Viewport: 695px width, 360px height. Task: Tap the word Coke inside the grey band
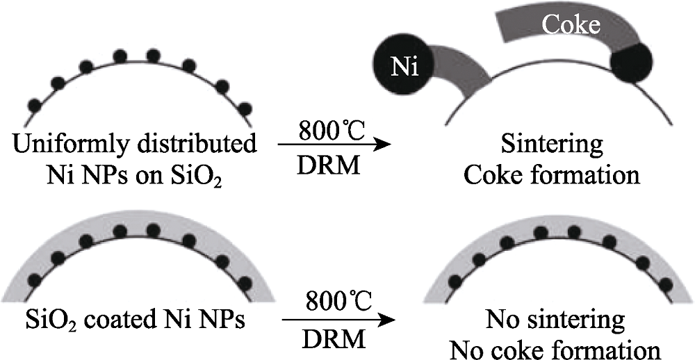pyautogui.click(x=571, y=26)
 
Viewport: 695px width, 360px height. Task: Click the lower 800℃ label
pyautogui.click(x=338, y=303)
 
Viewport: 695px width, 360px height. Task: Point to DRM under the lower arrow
pyautogui.click(x=334, y=340)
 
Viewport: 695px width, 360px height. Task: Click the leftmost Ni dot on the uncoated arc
pyautogui.click(x=35, y=106)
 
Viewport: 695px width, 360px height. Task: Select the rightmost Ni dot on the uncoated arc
pyautogui.click(x=244, y=109)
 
